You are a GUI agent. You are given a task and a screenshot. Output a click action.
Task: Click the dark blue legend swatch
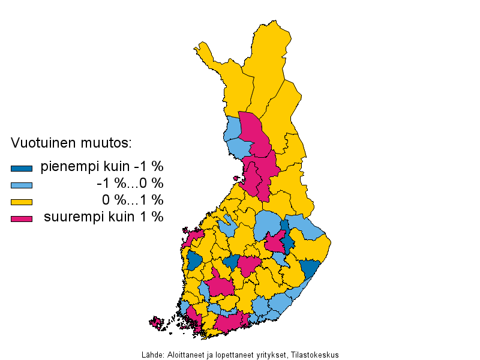pyautogui.click(x=21, y=168)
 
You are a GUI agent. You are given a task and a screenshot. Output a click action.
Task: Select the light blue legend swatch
pyautogui.click(x=21, y=185)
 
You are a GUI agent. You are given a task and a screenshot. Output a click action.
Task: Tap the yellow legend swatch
pyautogui.click(x=21, y=202)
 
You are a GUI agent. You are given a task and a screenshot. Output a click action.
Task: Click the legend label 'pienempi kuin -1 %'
pyautogui.click(x=102, y=167)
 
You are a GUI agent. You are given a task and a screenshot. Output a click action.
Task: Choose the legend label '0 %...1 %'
pyautogui.click(x=132, y=200)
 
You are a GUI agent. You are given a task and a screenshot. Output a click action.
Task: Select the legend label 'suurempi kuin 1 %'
pyautogui.click(x=103, y=217)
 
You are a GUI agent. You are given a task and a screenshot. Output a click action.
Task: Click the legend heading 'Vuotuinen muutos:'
pyautogui.click(x=71, y=143)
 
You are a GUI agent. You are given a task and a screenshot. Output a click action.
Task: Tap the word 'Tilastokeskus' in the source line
pyautogui.click(x=317, y=355)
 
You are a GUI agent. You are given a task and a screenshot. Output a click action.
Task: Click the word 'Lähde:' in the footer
pyautogui.click(x=152, y=355)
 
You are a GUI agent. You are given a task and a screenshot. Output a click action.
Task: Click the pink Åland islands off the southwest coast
pyautogui.click(x=157, y=323)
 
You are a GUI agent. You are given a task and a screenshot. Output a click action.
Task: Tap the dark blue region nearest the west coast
pyautogui.click(x=194, y=262)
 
